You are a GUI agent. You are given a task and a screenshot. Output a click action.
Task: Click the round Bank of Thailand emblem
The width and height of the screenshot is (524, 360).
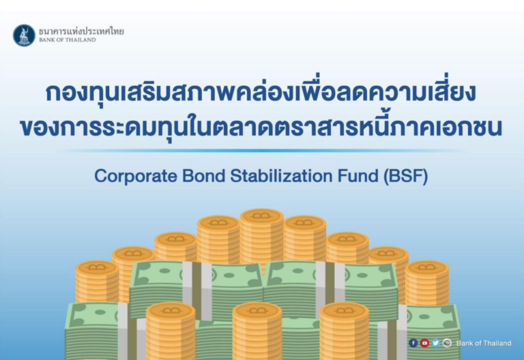coord(24,35)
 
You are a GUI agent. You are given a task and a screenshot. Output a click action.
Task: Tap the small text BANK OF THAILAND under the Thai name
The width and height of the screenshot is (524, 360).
coord(68,40)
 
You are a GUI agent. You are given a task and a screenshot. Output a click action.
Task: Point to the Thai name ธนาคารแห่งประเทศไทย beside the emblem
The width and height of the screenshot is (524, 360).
coord(81,31)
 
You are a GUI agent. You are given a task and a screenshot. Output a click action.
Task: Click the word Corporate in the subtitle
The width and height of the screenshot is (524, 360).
coord(136,176)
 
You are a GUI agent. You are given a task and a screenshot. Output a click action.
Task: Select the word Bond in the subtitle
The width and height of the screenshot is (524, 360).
coord(203,176)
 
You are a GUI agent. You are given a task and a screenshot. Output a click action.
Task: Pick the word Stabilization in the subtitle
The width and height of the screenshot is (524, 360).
coord(281,176)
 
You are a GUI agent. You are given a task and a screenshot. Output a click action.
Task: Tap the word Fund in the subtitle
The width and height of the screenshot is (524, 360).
coord(358,176)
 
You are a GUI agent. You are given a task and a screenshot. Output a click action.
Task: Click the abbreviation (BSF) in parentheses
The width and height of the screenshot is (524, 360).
coord(406,177)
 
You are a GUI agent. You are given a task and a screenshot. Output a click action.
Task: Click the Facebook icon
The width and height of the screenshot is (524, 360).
coord(413,343)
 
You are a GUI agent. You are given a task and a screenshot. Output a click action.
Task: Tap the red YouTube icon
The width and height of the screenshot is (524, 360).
coord(424,343)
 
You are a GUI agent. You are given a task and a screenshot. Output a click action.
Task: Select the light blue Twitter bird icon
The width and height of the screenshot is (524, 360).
coord(435,343)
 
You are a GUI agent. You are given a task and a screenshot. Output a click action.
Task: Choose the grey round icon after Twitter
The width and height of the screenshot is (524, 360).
coord(447,343)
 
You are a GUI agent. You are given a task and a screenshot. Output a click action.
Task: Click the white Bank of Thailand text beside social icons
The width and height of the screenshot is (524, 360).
coord(484,344)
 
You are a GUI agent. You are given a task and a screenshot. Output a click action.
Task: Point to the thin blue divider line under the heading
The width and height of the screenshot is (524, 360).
coord(262,151)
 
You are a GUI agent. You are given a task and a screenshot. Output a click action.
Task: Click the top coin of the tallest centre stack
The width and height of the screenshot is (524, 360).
coord(262,215)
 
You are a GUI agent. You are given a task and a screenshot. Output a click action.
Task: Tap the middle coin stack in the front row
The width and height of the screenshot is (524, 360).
coord(257,331)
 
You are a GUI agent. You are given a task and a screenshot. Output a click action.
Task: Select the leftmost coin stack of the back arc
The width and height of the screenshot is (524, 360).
coord(97,282)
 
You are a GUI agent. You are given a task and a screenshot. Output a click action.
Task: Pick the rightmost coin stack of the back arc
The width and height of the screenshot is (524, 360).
coord(426,282)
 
